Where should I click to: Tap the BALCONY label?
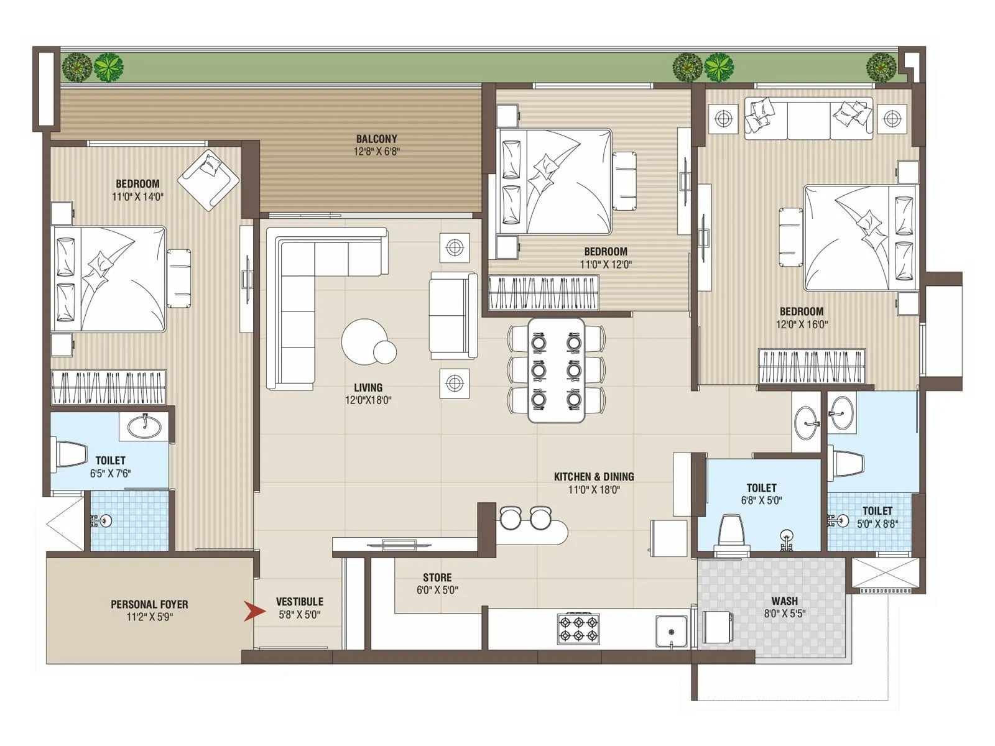(376, 139)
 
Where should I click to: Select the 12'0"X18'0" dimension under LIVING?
(368, 400)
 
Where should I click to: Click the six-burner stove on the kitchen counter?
(578, 628)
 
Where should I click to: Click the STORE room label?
(437, 578)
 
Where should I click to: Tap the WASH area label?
(784, 601)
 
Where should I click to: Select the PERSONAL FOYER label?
(149, 604)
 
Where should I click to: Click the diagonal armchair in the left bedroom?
(208, 180)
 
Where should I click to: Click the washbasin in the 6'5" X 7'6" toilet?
(144, 426)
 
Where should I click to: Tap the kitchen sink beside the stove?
(672, 630)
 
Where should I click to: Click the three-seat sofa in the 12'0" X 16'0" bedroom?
(808, 118)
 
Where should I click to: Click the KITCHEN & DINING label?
(594, 477)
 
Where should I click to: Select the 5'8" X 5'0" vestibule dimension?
(299, 615)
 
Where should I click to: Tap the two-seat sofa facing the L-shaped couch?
(453, 315)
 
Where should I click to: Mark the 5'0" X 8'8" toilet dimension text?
(877, 524)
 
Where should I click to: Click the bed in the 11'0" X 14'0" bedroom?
(111, 279)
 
